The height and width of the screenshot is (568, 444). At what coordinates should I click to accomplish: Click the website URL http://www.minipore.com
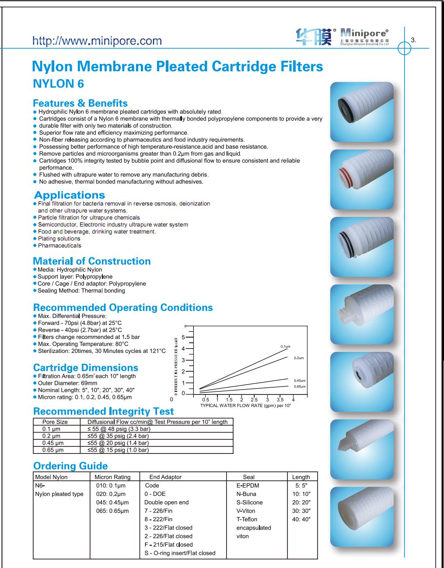[97, 41]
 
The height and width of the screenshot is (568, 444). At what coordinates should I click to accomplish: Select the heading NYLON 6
[59, 84]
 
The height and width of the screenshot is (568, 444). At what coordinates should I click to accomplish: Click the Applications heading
[70, 195]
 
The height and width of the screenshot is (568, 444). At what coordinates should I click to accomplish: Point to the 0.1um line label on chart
[285, 346]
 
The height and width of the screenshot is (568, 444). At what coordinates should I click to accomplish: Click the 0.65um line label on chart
[300, 387]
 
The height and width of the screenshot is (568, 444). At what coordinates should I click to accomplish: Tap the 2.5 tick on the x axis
[254, 400]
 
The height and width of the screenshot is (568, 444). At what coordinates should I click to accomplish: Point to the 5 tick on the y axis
[183, 338]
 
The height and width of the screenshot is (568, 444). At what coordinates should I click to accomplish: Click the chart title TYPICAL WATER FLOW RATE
[245, 405]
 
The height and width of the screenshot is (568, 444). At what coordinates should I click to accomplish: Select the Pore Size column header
[55, 422]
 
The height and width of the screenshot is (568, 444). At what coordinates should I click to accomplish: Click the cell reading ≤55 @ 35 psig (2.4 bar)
[118, 436]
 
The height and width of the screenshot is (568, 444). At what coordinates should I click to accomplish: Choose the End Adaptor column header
[165, 477]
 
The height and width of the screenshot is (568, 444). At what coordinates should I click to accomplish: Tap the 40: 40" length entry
[301, 519]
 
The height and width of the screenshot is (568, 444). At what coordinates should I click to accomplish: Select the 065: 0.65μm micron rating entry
[112, 511]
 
